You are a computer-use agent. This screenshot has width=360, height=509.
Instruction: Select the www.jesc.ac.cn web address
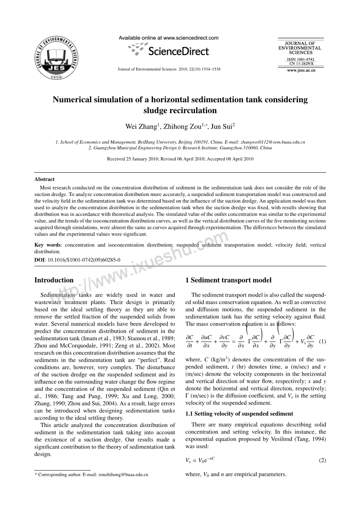click(301, 70)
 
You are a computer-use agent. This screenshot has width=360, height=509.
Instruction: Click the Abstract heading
click(44, 179)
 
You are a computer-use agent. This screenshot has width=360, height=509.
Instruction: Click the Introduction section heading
click(54, 280)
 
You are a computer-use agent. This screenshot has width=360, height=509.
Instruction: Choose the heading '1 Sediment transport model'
click(228, 280)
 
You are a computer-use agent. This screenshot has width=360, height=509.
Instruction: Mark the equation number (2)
click(322, 460)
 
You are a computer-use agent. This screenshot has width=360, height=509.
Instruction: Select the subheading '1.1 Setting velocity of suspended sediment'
click(239, 414)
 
